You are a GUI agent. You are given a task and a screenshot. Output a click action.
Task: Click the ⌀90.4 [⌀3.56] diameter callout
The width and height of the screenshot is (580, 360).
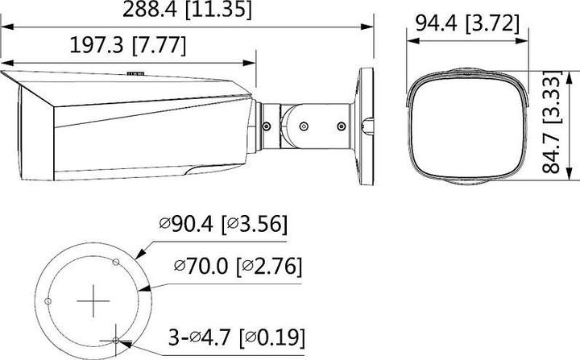click(x=225, y=224)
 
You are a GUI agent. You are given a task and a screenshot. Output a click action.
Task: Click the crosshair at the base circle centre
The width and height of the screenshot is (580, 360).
click(x=93, y=302)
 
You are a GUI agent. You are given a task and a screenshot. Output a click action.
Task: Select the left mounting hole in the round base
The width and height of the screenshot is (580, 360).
click(x=48, y=301)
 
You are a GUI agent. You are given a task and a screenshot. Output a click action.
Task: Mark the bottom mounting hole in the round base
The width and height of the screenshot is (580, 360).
click(x=118, y=340)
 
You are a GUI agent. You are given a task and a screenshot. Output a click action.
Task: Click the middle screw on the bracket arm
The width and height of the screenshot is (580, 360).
click(x=304, y=125)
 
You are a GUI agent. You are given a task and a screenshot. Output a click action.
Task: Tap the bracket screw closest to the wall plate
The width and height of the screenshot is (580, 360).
click(x=341, y=125)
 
